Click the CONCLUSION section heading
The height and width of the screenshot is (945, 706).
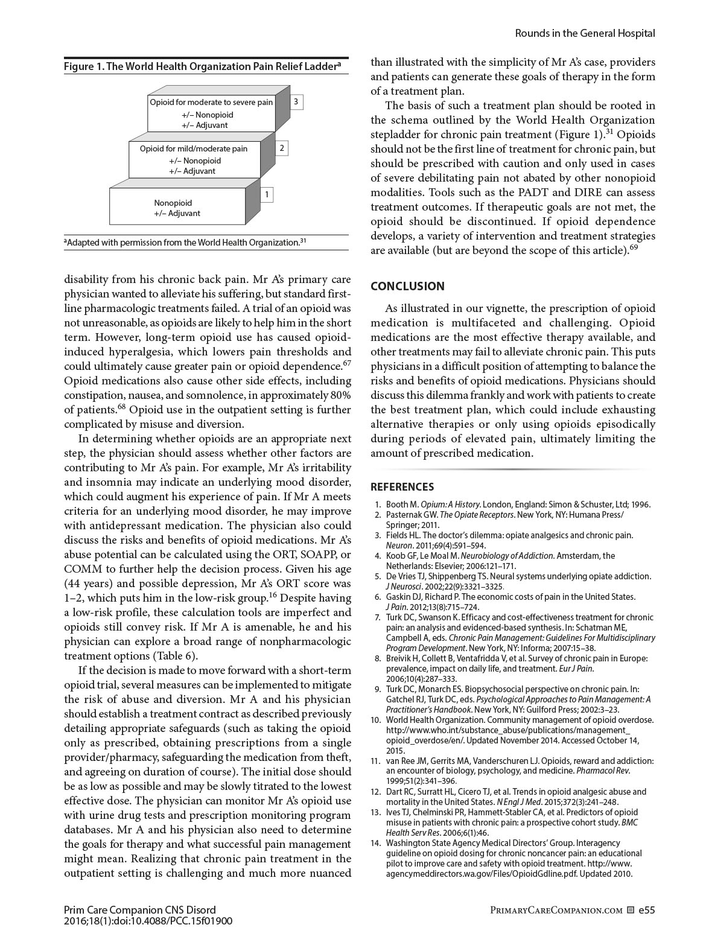coord(407,286)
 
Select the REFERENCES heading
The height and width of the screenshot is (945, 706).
coord(402,487)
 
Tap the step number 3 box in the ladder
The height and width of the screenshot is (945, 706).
coord(296,102)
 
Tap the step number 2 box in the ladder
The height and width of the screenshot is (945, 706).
coord(282,148)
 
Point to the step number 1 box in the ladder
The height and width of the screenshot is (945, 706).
coord(267,194)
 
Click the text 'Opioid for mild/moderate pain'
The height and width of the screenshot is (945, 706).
coord(194,148)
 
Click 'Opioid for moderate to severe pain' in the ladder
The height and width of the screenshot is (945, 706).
coord(211,103)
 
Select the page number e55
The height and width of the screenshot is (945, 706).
coord(646,909)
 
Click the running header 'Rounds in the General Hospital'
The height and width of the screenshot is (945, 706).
coord(585,33)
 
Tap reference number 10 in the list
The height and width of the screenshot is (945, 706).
coord(376,719)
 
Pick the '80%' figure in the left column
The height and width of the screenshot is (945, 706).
coord(338,395)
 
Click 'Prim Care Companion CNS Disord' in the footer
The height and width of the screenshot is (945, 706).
coord(139,909)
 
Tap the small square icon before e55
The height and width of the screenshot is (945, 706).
coord(631,910)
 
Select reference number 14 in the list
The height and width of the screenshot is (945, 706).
coord(376,842)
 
